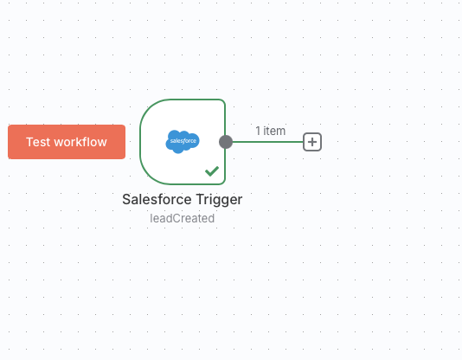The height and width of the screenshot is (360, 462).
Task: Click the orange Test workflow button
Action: (x=67, y=142)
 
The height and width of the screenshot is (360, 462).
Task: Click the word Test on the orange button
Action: (x=38, y=142)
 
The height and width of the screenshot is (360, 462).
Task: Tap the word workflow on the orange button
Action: (x=80, y=142)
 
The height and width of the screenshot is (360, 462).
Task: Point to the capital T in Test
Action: (x=29, y=142)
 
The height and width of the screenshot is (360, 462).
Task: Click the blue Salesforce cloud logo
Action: (x=183, y=141)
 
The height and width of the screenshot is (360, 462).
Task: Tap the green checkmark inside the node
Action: (x=212, y=170)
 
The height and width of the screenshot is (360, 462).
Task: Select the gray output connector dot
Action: (x=226, y=142)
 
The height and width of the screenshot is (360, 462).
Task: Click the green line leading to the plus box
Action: (x=268, y=142)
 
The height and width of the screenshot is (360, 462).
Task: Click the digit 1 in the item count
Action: (x=258, y=131)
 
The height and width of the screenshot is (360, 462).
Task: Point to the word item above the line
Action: (x=274, y=131)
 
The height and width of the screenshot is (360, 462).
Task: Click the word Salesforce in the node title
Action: (x=157, y=199)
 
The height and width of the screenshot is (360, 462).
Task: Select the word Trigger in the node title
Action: (x=219, y=200)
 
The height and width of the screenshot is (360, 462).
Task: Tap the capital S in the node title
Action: (x=126, y=199)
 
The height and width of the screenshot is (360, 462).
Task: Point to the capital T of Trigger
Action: (x=200, y=199)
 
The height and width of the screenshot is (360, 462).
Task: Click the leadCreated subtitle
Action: (x=182, y=218)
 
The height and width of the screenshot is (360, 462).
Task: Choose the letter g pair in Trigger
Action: (x=222, y=202)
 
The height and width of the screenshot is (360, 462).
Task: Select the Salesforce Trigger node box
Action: (x=183, y=142)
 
